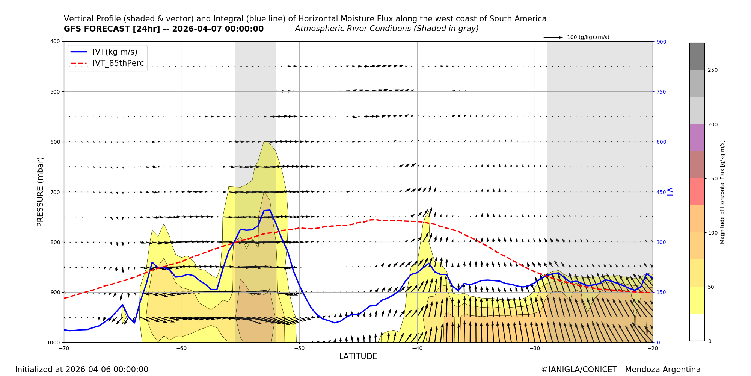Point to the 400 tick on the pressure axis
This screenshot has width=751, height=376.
(55, 41)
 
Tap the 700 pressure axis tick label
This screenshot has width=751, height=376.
(55, 192)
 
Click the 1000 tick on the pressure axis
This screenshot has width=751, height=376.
(54, 342)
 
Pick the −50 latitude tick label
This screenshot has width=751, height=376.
(299, 348)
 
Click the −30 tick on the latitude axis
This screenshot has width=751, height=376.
(534, 348)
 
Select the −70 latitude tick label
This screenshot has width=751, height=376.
(64, 348)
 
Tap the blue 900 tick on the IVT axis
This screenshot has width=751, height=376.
(661, 42)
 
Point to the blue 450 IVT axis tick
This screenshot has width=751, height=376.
(661, 192)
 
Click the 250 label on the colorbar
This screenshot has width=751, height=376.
(712, 70)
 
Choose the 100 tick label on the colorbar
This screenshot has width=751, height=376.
(712, 233)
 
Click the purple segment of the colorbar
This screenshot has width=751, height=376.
(697, 138)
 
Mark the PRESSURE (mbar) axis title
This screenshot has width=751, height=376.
(40, 192)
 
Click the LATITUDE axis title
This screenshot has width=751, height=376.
(358, 356)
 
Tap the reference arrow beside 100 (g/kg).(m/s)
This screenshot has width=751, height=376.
(553, 38)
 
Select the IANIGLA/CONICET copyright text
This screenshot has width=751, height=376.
(620, 370)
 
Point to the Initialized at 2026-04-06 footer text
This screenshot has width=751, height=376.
(81, 370)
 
